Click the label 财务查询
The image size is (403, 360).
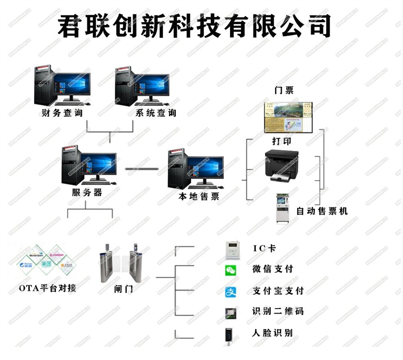[x=62, y=113]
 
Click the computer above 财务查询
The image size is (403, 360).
[x=62, y=86]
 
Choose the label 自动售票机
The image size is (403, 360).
[x=322, y=211]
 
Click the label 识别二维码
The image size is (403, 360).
[x=277, y=311]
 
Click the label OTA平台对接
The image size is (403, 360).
[x=47, y=288]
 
